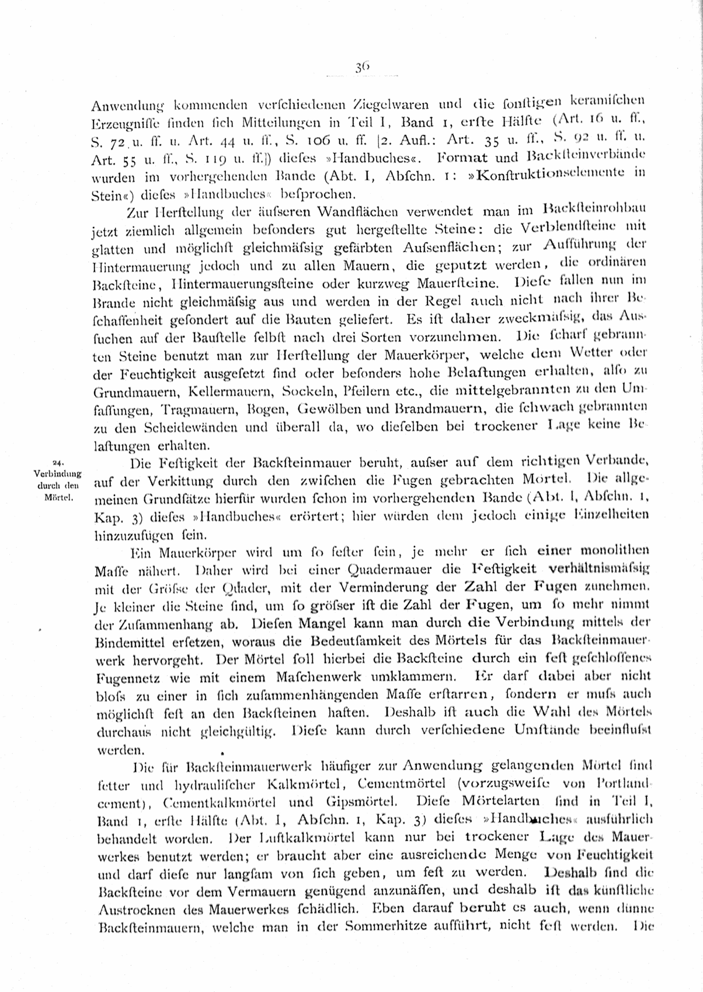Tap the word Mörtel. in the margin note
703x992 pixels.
pos(58,497)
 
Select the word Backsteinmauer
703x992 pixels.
pos(296,464)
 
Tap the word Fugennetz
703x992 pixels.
pos(124,678)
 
